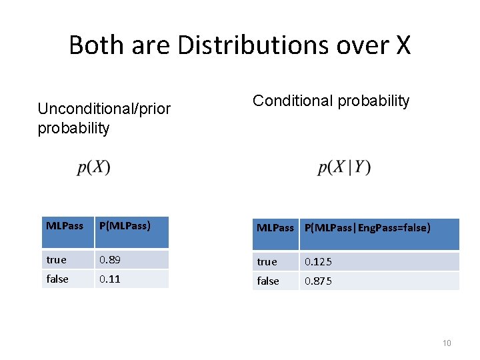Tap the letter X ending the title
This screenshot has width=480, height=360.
403,45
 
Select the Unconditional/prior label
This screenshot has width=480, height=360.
104,108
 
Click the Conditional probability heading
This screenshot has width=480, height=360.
331,101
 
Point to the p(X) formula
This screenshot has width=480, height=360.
94,167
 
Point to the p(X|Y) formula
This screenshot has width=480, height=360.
344,167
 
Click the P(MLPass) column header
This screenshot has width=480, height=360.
125,226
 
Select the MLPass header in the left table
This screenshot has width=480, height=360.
65,226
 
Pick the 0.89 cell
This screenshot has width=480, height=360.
110,259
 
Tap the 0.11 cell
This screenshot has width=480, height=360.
110,279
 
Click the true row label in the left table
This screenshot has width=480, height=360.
57,259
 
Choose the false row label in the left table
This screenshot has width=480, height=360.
57,279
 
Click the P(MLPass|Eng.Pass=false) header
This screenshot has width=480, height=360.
367,228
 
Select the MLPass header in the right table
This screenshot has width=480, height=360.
275,228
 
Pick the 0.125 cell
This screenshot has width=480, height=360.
318,261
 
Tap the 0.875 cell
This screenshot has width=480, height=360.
318,281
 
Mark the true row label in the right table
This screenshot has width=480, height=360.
267,261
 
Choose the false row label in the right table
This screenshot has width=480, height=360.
268,281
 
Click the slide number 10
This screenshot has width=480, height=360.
447,343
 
